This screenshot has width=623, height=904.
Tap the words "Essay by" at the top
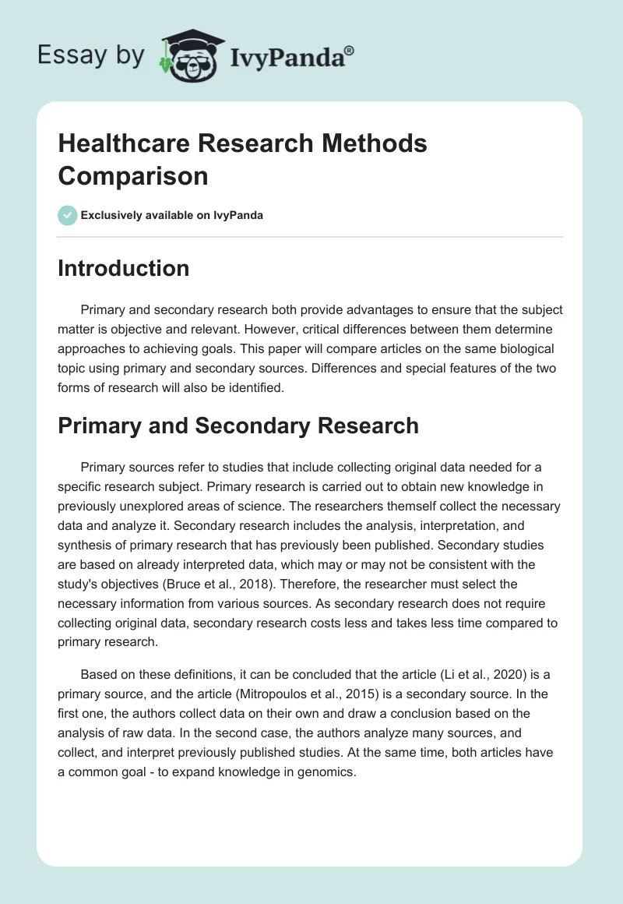pyautogui.click(x=90, y=55)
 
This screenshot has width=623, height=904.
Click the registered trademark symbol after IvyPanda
pyautogui.click(x=350, y=51)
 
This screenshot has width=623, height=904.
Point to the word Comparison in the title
pyautogui.click(x=133, y=176)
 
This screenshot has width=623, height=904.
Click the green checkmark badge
pyautogui.click(x=68, y=215)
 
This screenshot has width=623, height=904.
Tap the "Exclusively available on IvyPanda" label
pyautogui.click(x=172, y=216)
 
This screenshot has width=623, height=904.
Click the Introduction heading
pyautogui.click(x=124, y=268)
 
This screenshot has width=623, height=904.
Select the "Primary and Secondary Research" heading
pyautogui.click(x=238, y=426)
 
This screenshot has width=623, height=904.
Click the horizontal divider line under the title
pyautogui.click(x=311, y=236)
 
